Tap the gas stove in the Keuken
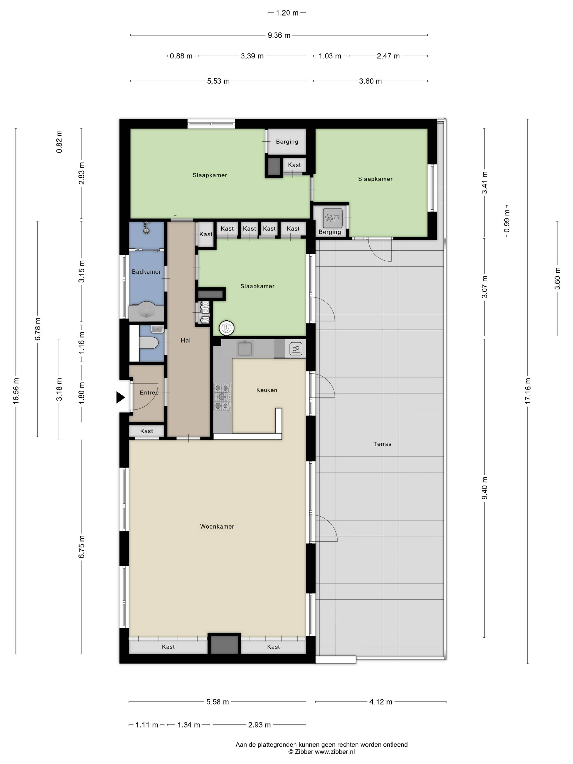tap(222, 396)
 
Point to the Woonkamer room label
tap(217, 526)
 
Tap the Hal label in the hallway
tap(185, 341)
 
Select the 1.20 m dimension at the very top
tap(287, 13)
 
